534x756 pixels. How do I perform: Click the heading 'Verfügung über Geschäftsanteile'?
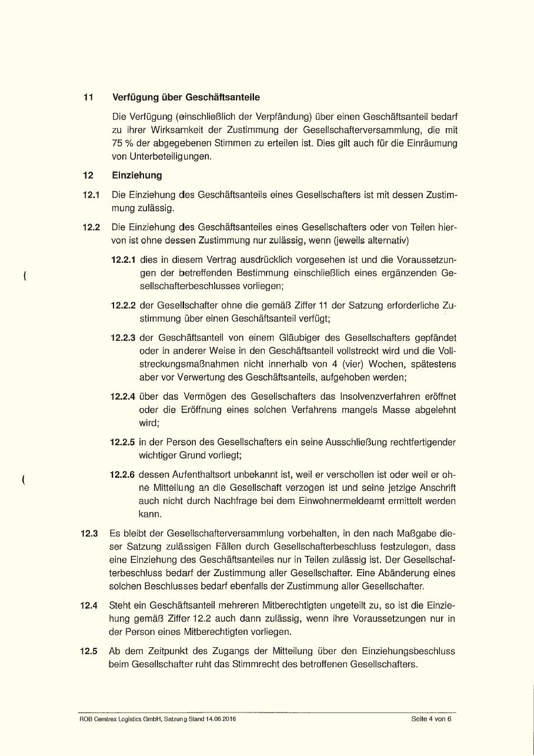(x=186, y=97)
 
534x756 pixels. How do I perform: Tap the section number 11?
(x=88, y=97)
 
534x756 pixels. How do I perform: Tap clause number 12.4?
(x=89, y=606)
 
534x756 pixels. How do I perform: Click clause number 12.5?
(x=89, y=652)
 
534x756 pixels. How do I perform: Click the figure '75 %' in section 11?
(x=122, y=143)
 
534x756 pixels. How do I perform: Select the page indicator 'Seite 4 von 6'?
(x=431, y=719)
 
